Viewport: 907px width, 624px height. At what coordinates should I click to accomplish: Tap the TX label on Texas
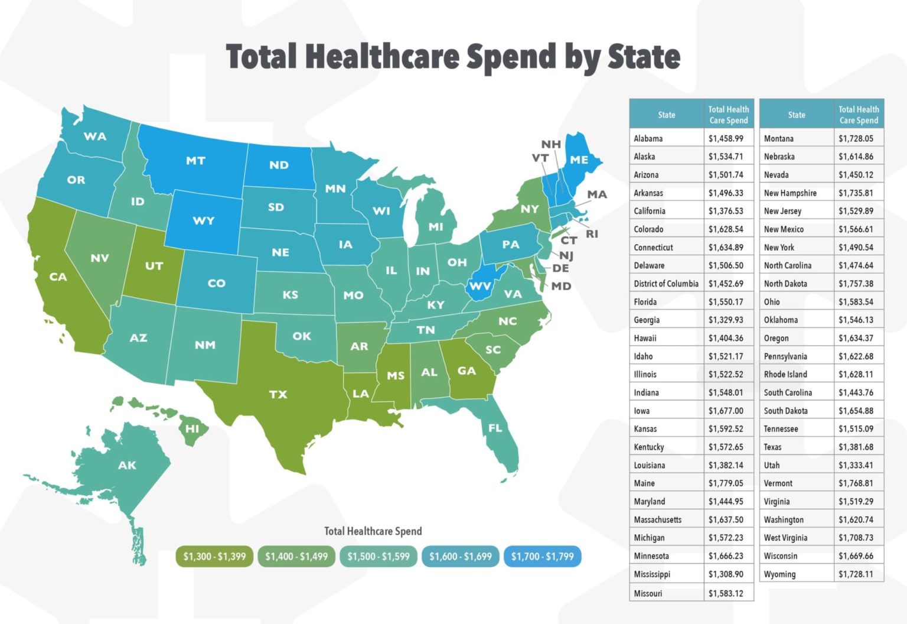point(278,394)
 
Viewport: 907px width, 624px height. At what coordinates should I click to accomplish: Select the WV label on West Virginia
point(480,287)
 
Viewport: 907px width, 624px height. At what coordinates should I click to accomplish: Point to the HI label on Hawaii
point(193,428)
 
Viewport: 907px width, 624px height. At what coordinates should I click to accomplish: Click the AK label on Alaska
point(127,465)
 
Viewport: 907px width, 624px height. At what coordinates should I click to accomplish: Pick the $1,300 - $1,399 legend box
point(214,556)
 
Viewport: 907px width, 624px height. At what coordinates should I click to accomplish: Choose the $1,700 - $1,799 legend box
point(542,556)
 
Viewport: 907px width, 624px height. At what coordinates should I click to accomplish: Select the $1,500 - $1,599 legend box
point(379,556)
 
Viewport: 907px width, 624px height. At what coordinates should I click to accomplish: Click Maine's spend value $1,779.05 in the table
point(726,483)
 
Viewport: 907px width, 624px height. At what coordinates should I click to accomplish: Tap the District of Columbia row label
point(666,284)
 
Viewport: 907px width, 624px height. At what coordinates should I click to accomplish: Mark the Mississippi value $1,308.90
point(726,574)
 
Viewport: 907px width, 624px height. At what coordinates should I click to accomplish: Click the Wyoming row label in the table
point(779,574)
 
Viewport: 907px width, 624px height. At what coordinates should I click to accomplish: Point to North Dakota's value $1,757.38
point(856,284)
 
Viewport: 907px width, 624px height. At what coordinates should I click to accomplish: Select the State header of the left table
point(667,115)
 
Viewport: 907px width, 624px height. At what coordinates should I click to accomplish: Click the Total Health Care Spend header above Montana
point(859,115)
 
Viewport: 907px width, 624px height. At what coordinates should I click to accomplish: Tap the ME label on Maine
point(579,160)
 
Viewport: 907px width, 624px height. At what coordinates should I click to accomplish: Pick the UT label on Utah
point(154,266)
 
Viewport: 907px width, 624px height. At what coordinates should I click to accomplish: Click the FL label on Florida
point(495,428)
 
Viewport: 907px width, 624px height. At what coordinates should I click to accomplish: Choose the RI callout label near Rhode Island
point(592,234)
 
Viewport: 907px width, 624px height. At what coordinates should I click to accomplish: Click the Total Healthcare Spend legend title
point(373,531)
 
